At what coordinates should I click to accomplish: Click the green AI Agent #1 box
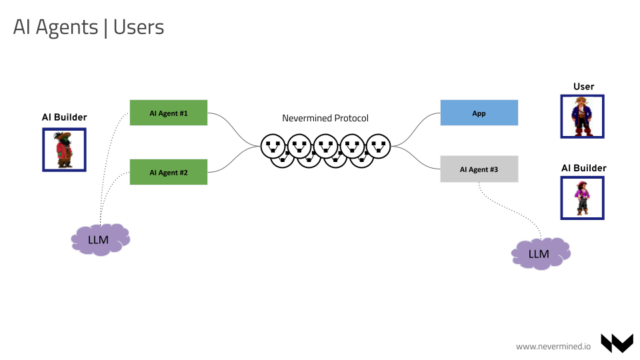coord(168,113)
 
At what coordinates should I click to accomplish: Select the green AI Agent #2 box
coord(168,172)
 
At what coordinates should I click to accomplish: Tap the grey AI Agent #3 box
coord(479,169)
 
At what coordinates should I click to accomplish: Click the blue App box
coord(479,113)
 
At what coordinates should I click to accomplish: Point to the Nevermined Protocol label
coord(325,118)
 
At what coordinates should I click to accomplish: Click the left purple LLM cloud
coord(100,239)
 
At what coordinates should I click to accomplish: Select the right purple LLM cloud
coord(540,253)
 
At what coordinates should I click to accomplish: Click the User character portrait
coord(582,117)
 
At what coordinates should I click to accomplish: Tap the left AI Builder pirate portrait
coord(64,149)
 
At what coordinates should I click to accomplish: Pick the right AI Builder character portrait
coord(582,198)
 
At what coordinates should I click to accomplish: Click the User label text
coord(583,87)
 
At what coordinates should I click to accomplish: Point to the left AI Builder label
coord(65,117)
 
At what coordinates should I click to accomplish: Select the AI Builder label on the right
coord(583,168)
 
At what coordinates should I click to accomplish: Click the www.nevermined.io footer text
coord(553,346)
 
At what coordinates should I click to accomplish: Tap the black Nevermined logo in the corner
coord(617,343)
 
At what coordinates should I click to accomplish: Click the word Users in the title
coord(139,27)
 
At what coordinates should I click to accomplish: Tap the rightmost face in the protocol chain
coord(378,145)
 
